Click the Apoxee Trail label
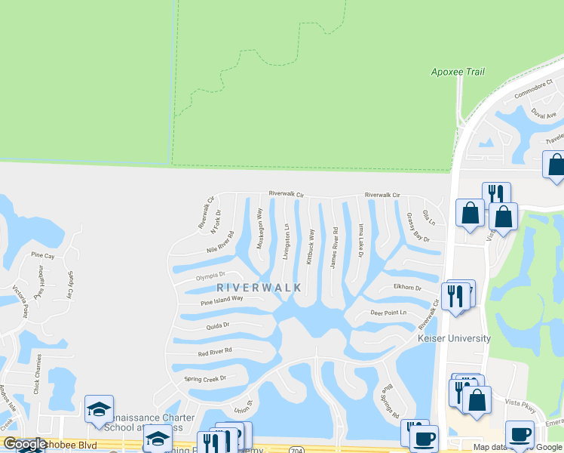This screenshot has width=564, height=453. coord(457,72)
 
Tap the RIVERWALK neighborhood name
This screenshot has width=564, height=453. coord(259,288)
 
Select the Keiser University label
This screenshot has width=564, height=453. coord(454,339)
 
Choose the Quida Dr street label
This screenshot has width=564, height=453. coord(216,326)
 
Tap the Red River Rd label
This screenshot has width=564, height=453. coord(215,352)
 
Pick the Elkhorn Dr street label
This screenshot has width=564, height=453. coord(407,288)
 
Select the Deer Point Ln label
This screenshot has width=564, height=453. coord(388,313)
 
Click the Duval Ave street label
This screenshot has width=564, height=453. coord(543,114)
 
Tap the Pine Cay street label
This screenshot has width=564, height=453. coord(43,256)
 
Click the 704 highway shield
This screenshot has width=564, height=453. coord(296,448)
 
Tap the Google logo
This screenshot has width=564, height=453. coord(24,445)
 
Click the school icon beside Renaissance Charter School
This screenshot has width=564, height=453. coord(99,409)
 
